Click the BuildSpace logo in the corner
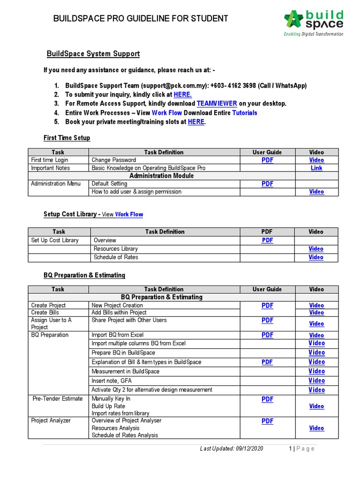[313, 22]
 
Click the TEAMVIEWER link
[217, 103]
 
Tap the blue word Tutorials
[245, 112]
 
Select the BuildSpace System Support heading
[93, 54]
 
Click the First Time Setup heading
[67, 138]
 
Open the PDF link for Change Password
[267, 160]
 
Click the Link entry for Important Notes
[316, 168]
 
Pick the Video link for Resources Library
[316, 249]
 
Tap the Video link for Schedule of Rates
[316, 257]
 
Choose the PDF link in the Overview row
[267, 240]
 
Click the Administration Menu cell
[56, 184]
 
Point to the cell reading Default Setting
[109, 184]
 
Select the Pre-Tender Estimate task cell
[58, 399]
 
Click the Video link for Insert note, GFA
[316, 381]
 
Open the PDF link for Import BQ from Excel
[267, 335]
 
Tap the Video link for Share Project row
[316, 324]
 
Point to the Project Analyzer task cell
[51, 420]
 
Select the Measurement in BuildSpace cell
[126, 371]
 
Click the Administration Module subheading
[161, 176]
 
